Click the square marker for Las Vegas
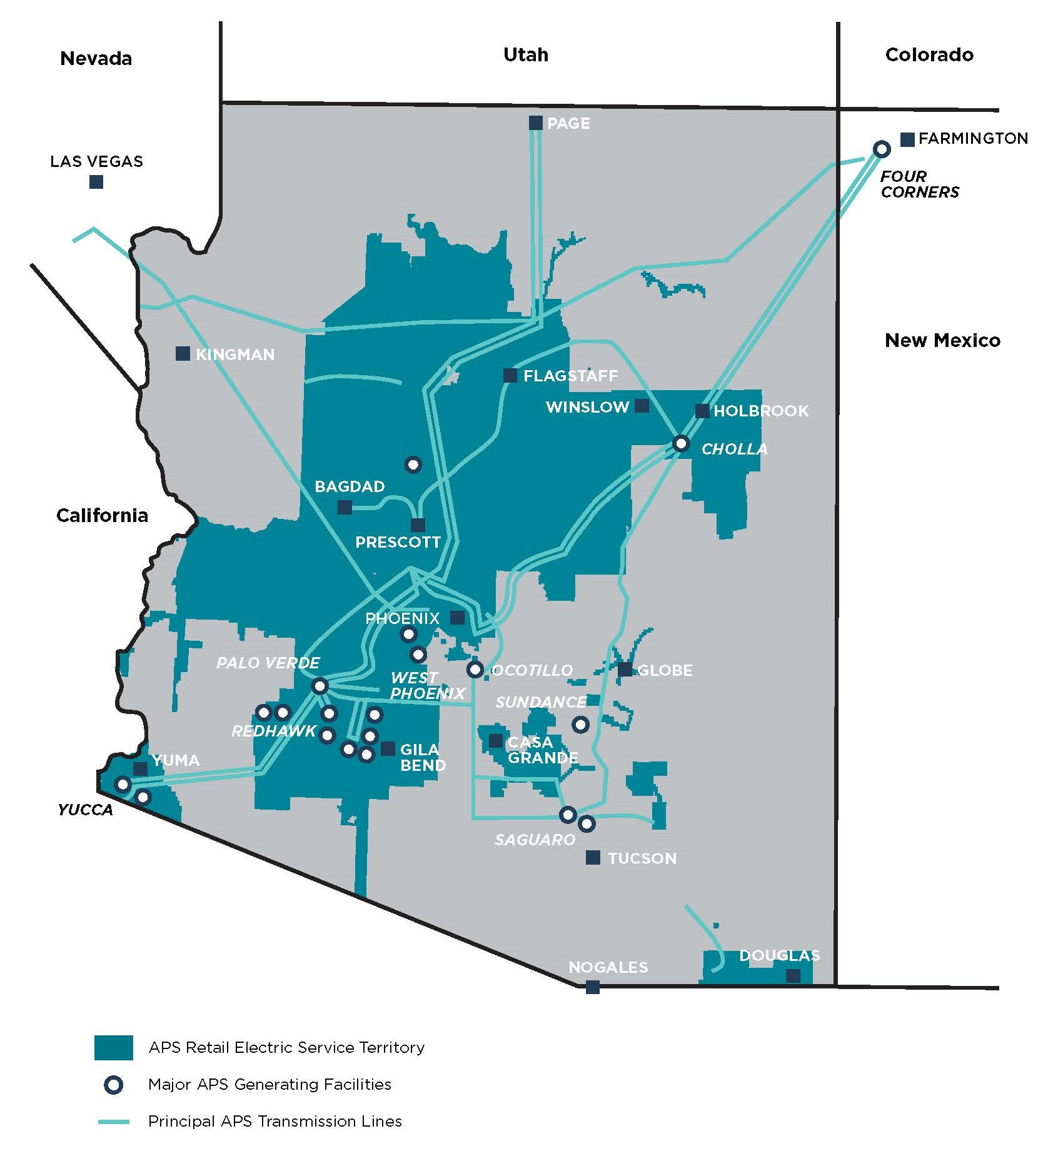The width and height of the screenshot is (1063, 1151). click(x=96, y=182)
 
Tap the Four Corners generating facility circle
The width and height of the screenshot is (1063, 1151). click(x=882, y=149)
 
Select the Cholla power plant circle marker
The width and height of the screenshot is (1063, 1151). click(x=681, y=443)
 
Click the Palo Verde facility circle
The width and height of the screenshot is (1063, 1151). click(x=320, y=686)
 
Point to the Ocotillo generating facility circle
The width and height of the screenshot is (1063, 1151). click(x=475, y=670)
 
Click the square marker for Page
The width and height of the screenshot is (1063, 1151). click(x=536, y=123)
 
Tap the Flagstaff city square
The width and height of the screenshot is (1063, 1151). click(x=510, y=375)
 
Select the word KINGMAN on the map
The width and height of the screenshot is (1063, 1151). click(x=235, y=354)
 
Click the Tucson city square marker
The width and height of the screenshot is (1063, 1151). click(x=593, y=857)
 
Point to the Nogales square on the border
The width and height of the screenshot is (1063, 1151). click(x=593, y=987)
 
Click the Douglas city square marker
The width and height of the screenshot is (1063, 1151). click(x=793, y=975)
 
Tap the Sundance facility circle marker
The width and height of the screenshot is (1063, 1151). click(x=580, y=725)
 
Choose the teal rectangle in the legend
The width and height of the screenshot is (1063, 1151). click(x=113, y=1047)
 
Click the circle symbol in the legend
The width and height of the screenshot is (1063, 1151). click(x=113, y=1085)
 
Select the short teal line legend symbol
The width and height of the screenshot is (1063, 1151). click(x=113, y=1122)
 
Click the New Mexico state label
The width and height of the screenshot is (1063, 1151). click(x=942, y=340)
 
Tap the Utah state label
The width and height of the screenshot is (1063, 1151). click(x=526, y=54)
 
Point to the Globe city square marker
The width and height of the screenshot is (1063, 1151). click(x=625, y=670)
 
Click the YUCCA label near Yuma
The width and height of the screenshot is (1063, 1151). click(x=85, y=810)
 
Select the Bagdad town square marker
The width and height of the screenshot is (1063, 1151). click(x=345, y=507)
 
